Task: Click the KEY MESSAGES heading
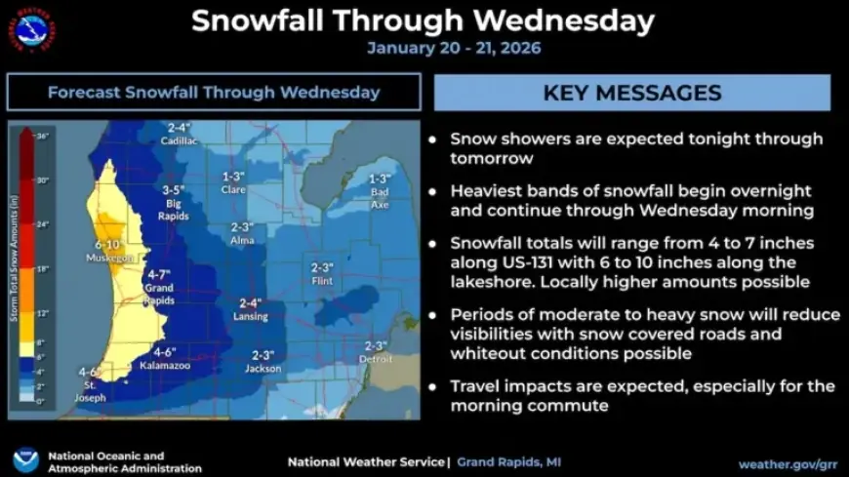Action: [x=631, y=93]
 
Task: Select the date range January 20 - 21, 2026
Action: [x=454, y=48]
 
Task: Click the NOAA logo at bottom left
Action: [x=26, y=460]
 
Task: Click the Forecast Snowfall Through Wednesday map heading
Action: [x=214, y=93]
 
